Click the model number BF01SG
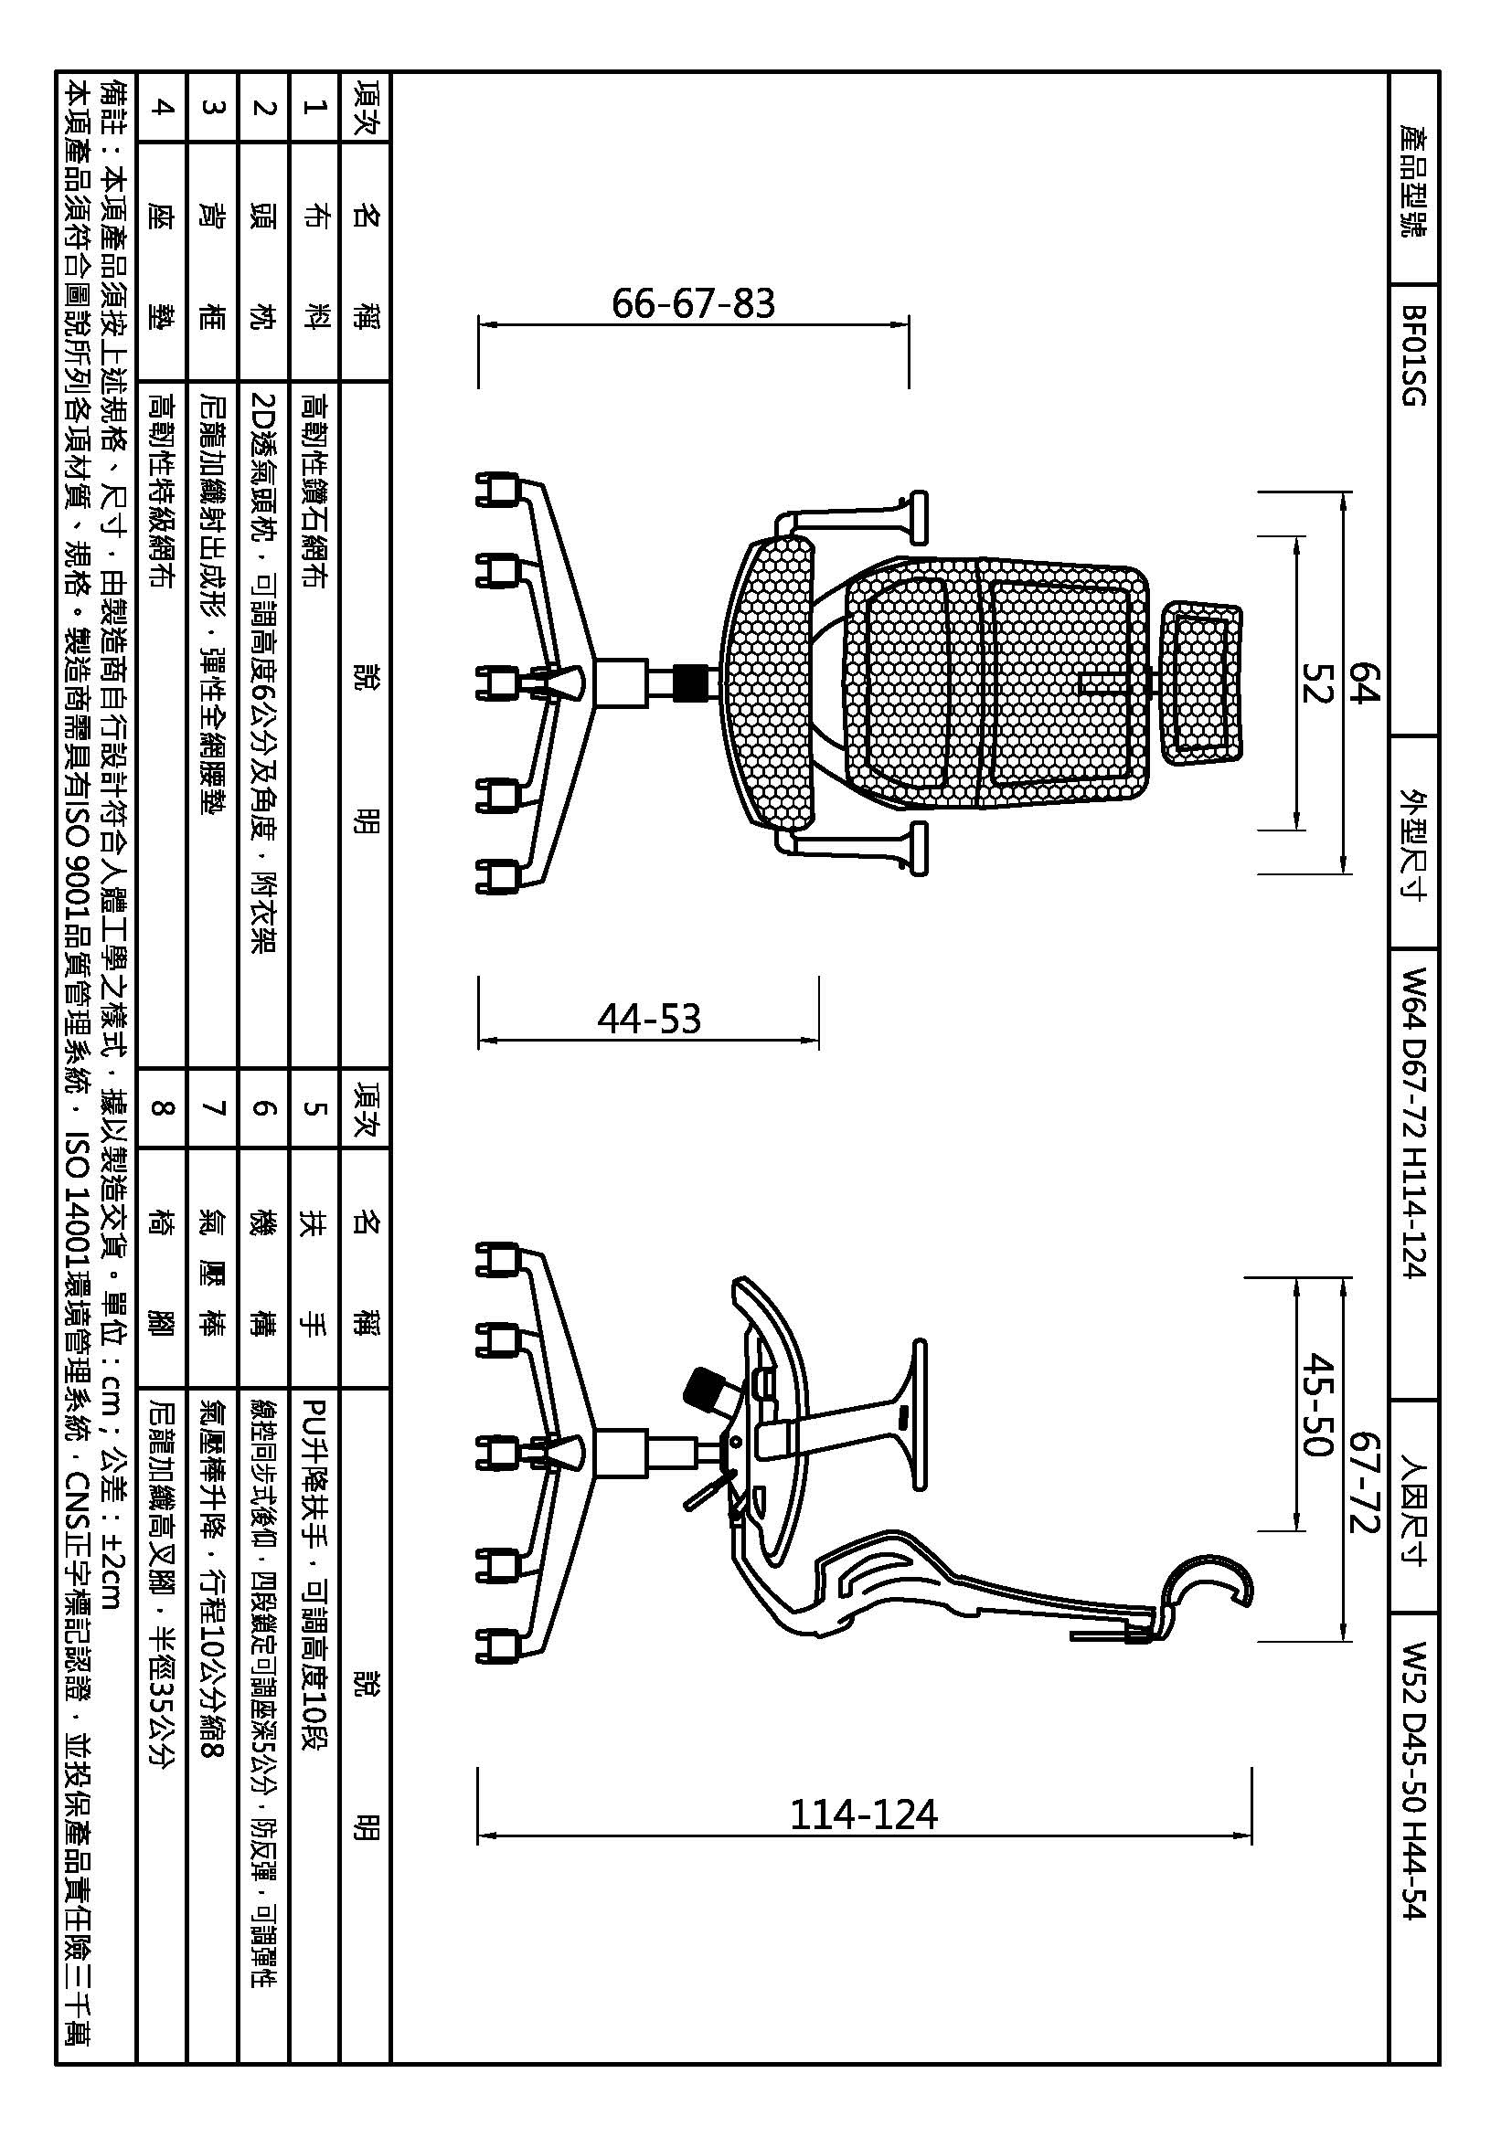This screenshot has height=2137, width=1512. [x=1413, y=355]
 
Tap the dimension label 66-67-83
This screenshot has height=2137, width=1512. [x=694, y=303]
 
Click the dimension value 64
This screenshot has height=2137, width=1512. [x=1365, y=684]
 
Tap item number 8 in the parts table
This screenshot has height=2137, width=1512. [x=162, y=1108]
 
